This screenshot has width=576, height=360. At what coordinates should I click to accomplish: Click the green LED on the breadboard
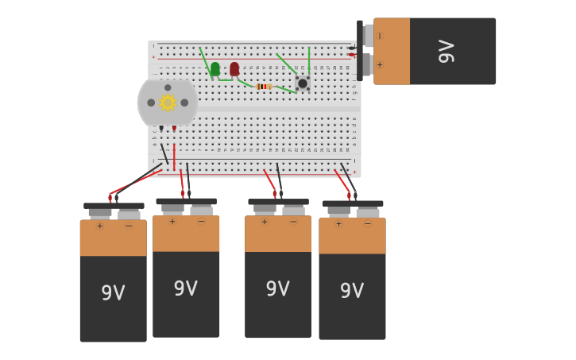point(215,69)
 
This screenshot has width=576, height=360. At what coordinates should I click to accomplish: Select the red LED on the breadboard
point(234,69)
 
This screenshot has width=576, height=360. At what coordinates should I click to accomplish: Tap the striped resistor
point(264,87)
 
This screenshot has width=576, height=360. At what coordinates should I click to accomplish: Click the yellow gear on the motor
point(167,103)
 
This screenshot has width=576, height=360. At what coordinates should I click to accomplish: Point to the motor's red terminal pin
point(174,128)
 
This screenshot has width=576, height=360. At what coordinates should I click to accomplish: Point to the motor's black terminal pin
point(161,128)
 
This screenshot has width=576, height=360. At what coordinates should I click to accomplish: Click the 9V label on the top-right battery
point(446,51)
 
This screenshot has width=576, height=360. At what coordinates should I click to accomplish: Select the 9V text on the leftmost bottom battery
point(113,293)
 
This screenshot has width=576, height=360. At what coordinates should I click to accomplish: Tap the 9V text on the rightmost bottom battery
point(352,291)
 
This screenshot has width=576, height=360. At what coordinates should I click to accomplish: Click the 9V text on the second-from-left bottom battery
point(185,289)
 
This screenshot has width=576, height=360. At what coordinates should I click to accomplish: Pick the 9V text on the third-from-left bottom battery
point(277,289)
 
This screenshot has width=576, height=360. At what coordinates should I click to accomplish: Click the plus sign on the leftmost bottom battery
point(99,226)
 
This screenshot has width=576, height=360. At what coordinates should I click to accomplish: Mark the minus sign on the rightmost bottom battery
point(367,224)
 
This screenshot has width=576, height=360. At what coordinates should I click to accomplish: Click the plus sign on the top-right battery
point(380,65)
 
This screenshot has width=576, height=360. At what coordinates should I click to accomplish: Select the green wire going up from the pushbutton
point(308,60)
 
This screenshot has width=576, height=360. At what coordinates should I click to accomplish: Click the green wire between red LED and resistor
point(245,83)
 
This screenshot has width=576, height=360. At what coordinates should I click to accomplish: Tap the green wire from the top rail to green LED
point(204,59)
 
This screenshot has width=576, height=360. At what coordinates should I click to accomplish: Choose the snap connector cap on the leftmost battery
point(114,207)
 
